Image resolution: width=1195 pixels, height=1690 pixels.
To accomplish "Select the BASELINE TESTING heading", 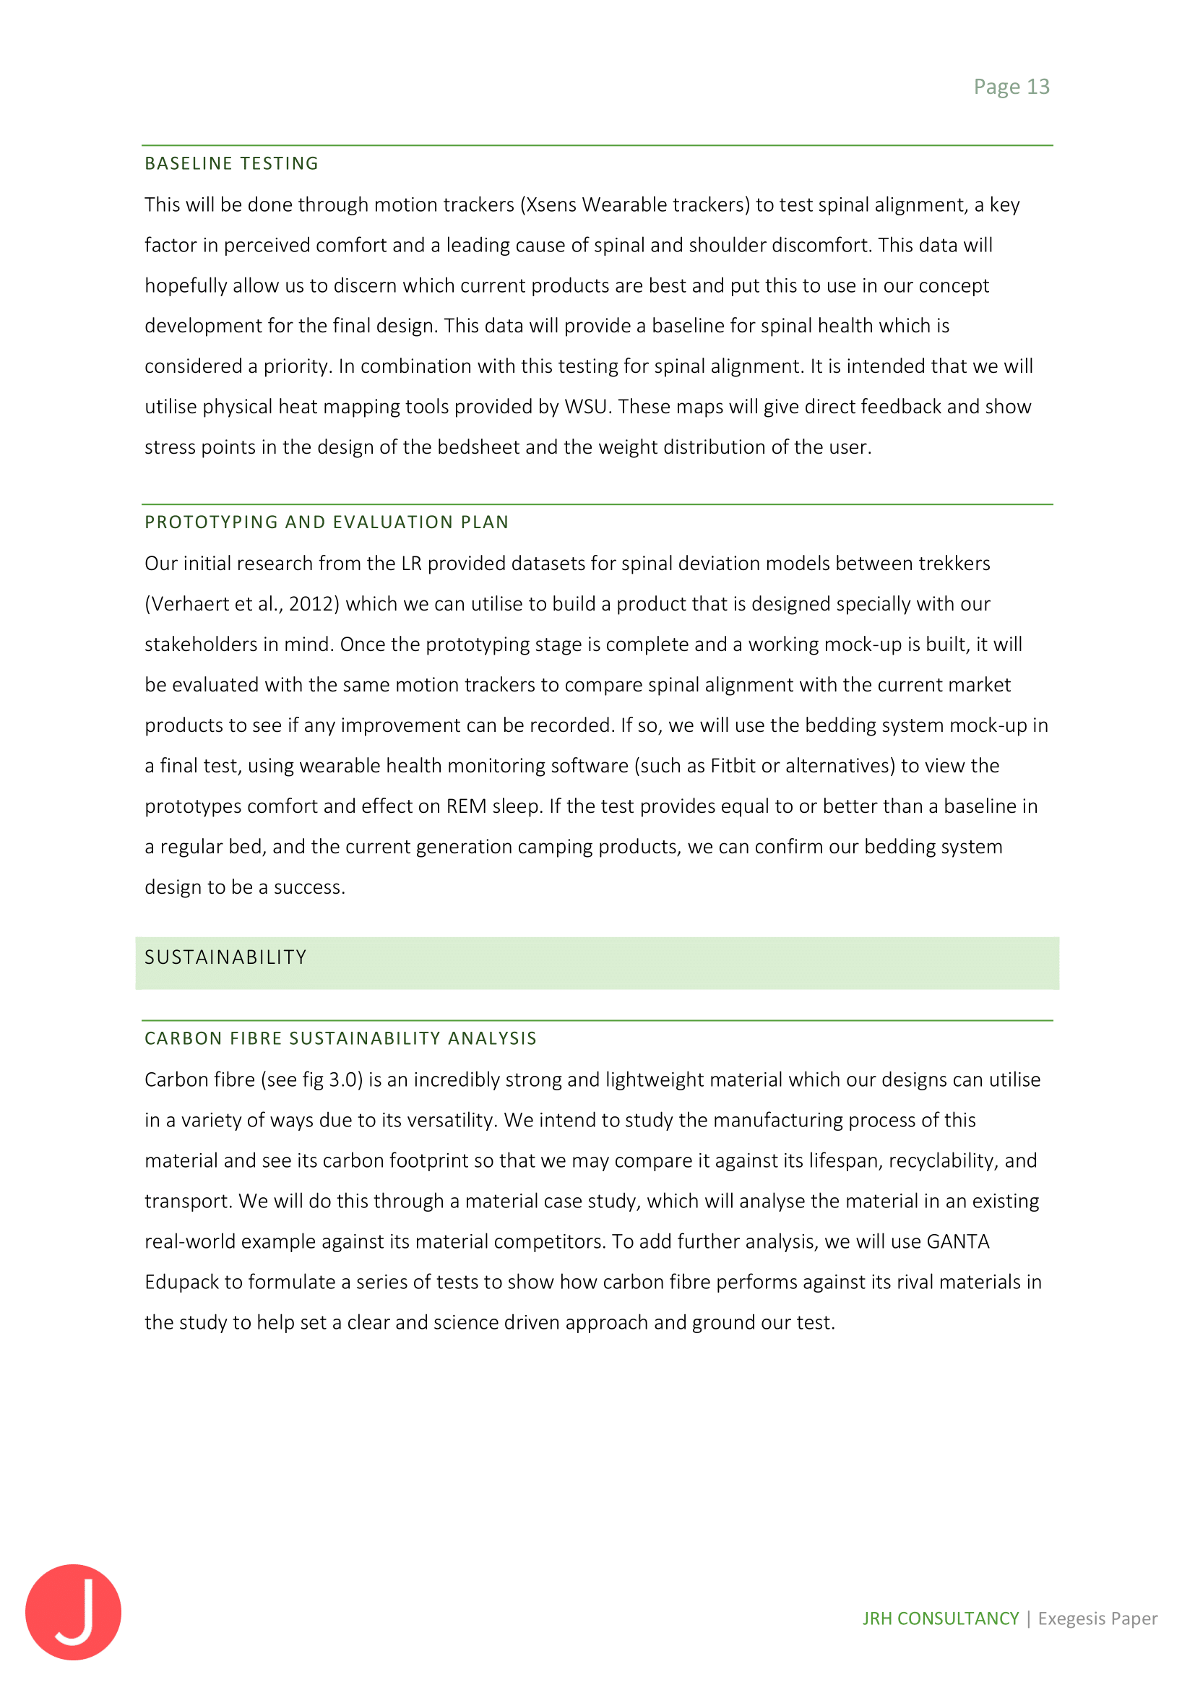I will pyautogui.click(x=231, y=163).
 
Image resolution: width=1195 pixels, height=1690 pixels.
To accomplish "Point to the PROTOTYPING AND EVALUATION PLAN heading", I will pyautogui.click(x=327, y=522).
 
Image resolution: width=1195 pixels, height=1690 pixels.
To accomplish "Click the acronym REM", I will pyautogui.click(x=466, y=807).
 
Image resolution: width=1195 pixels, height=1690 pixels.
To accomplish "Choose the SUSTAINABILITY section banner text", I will pyautogui.click(x=225, y=957).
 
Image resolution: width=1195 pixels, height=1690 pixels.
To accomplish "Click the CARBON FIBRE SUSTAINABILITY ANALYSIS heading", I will pyautogui.click(x=341, y=1038).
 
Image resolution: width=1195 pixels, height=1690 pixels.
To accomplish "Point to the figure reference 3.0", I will pyautogui.click(x=343, y=1079).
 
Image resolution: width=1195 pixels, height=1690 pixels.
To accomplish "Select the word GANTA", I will pyautogui.click(x=958, y=1242).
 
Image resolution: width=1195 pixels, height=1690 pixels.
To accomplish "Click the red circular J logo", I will pyautogui.click(x=73, y=1612).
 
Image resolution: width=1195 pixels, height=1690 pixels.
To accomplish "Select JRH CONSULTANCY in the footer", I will pyautogui.click(x=941, y=1618).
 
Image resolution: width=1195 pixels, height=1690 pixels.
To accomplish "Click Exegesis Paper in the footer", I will pyautogui.click(x=1097, y=1618).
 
